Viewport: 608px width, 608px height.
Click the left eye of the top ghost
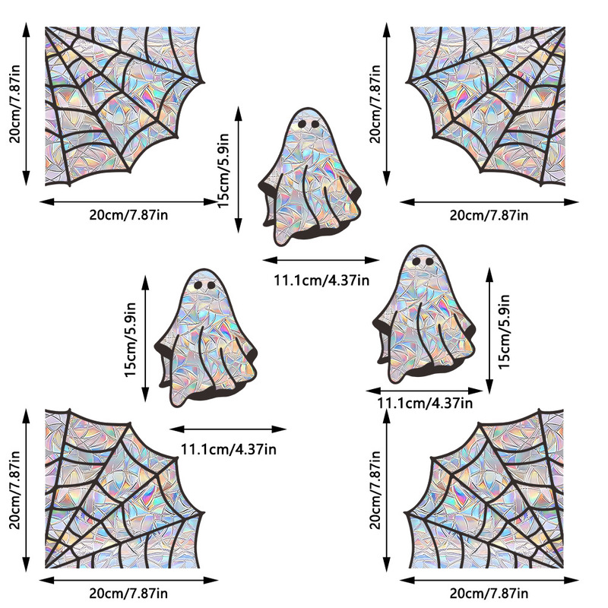point(302,123)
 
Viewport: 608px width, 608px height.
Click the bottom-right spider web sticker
point(494,494)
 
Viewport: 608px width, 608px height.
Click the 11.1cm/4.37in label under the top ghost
point(321,280)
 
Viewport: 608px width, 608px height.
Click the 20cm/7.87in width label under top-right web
point(488,215)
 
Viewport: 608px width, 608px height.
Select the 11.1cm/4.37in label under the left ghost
point(228,448)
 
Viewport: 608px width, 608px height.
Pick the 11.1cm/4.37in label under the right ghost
point(425,403)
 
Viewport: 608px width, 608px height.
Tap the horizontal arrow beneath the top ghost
point(321,261)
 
